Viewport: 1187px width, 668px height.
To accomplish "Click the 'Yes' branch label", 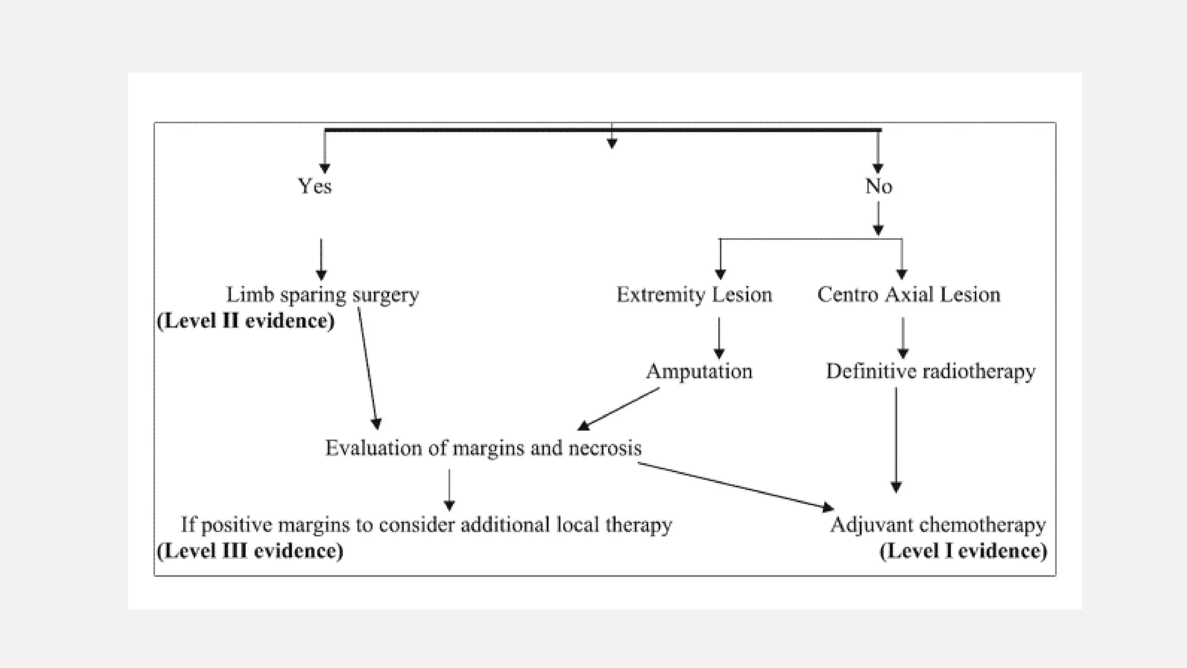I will tap(315, 186).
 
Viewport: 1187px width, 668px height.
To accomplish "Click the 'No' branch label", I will tap(879, 186).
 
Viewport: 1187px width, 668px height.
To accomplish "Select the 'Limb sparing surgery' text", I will tap(322, 295).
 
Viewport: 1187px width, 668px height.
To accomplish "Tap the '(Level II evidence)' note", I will tap(246, 321).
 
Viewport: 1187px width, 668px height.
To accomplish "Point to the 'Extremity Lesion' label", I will tap(694, 295).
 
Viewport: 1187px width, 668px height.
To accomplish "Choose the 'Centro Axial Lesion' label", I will tap(908, 295).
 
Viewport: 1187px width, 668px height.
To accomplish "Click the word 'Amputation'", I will tap(699, 371).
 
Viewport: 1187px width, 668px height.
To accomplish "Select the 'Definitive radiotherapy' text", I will tap(930, 371).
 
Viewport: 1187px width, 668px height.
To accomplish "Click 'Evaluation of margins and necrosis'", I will tap(483, 448).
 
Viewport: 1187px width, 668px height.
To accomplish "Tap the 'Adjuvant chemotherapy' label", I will tap(938, 525).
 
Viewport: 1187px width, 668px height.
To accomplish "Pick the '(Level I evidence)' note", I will tap(963, 551).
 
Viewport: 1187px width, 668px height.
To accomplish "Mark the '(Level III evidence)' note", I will tap(250, 551).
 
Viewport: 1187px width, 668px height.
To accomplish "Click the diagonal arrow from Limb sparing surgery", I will tap(367, 368).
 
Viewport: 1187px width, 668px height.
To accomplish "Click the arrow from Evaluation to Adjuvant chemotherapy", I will tap(736, 487).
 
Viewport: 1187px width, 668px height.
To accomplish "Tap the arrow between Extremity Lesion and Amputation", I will tap(719, 338).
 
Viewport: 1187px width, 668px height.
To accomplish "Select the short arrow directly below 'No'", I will tap(878, 218).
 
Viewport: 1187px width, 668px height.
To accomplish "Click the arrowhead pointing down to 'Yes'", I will tap(325, 168).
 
